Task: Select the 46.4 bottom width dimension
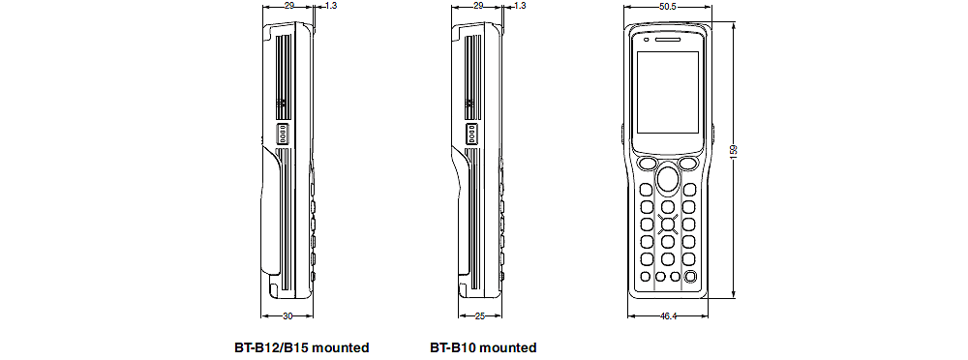click(666, 315)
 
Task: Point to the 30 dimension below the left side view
click(287, 315)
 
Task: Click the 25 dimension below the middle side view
click(480, 315)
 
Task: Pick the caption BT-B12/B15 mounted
click(301, 347)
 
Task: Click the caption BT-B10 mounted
click(483, 347)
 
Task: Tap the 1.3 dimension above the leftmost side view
click(331, 6)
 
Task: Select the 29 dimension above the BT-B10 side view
click(478, 6)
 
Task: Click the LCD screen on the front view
click(667, 95)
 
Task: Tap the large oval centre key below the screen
click(667, 179)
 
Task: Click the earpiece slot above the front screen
click(667, 41)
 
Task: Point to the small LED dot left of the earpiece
click(646, 41)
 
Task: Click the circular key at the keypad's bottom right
click(690, 278)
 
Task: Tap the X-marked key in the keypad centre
click(668, 225)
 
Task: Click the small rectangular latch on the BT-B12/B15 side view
click(283, 134)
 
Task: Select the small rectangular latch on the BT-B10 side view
click(472, 134)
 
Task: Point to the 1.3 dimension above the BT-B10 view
click(521, 6)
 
